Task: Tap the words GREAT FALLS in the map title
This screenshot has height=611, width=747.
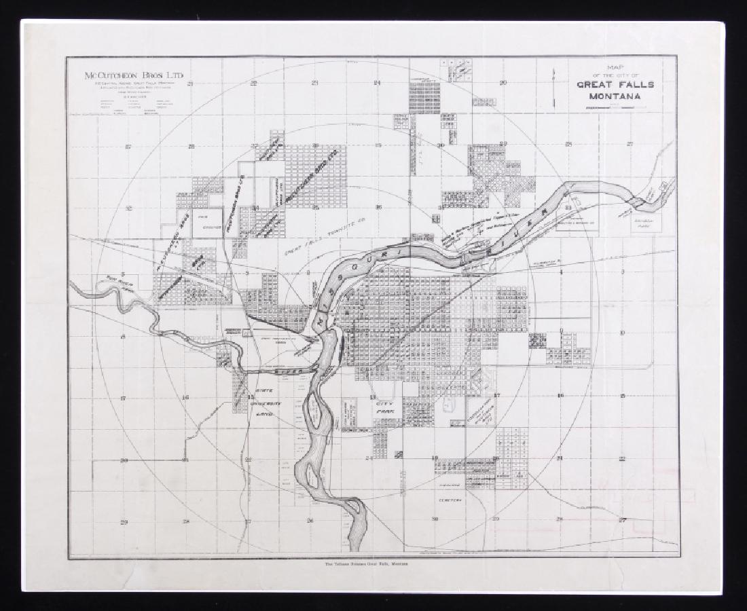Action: point(615,85)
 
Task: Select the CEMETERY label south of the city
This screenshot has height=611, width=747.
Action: point(449,500)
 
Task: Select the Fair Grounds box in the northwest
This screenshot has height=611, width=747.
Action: point(202,222)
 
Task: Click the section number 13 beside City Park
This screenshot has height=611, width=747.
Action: point(371,396)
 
